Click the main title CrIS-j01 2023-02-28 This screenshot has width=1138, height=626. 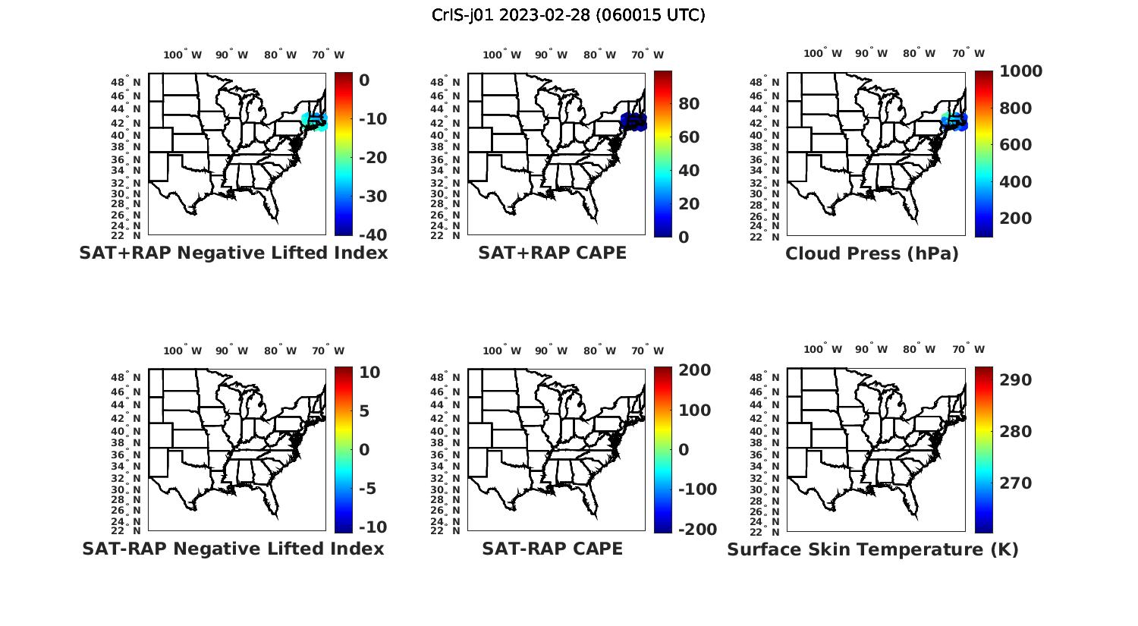click(568, 15)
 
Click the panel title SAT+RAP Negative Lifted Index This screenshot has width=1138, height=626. click(233, 253)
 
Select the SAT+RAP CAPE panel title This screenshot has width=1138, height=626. click(552, 253)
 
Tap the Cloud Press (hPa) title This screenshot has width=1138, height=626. click(872, 253)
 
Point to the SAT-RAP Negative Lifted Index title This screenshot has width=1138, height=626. click(233, 549)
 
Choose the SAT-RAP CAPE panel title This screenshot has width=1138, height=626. click(552, 549)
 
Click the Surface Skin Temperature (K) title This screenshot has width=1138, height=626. click(872, 549)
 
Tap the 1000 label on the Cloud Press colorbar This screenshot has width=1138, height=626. click(1020, 71)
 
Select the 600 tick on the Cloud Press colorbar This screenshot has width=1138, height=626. click(1015, 145)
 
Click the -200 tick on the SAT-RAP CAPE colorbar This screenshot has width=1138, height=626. click(696, 530)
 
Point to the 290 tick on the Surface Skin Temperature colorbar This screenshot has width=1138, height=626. click(1015, 380)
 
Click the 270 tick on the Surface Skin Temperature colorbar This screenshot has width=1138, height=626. click(1015, 483)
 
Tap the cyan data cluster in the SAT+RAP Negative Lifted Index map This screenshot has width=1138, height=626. click(314, 121)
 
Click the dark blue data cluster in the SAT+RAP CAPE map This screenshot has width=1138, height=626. click(633, 121)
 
